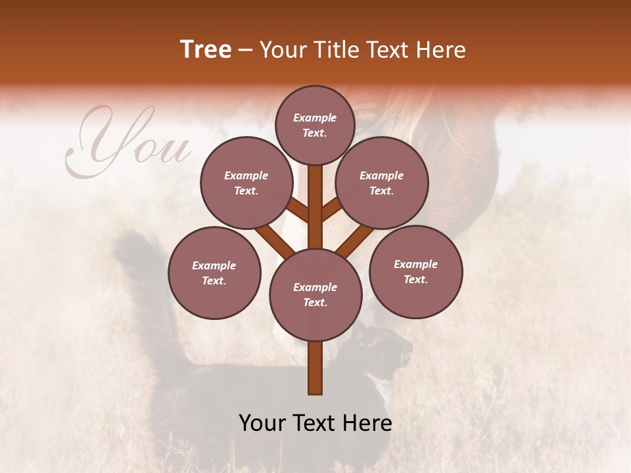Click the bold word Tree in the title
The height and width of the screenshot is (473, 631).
[206, 50]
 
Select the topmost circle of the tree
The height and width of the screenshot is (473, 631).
[315, 125]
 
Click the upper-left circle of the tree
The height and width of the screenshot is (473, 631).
[246, 183]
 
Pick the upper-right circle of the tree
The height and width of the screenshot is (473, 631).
[382, 183]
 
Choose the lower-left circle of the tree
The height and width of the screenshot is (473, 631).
[214, 273]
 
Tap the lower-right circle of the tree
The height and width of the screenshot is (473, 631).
[415, 271]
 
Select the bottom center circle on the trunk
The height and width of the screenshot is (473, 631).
[315, 294]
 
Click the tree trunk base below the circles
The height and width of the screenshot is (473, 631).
[315, 368]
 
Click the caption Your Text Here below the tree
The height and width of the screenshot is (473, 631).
[315, 422]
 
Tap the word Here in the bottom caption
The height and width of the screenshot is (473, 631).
[368, 422]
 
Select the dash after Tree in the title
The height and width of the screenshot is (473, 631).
[246, 50]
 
